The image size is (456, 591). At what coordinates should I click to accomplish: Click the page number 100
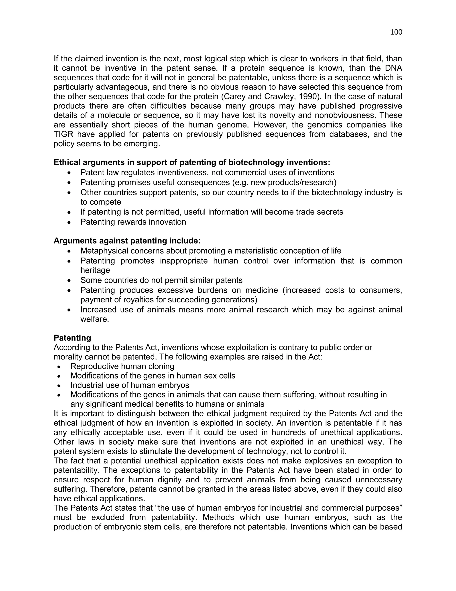tap(396, 32)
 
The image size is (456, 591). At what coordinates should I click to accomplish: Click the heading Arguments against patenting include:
tap(127, 241)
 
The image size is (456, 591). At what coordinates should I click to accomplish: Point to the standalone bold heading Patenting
tap(72, 338)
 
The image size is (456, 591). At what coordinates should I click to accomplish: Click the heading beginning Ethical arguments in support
tap(192, 162)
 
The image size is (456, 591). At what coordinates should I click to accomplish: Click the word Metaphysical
tap(104, 251)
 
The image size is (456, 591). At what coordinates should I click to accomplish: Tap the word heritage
tap(95, 270)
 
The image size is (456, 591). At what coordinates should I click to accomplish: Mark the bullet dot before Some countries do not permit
tap(70, 281)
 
